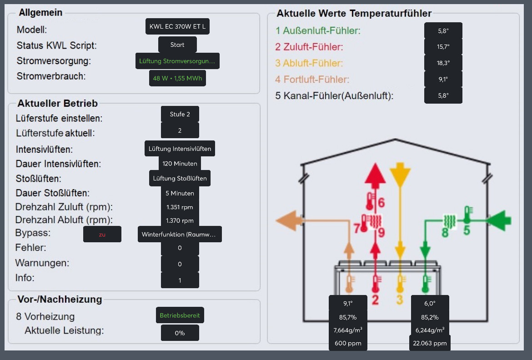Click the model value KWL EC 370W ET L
(177, 27)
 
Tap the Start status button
(177, 45)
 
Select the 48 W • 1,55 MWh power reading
(177, 78)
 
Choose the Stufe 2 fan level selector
(180, 114)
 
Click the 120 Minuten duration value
(180, 164)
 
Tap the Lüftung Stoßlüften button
(180, 178)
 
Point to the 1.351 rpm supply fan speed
(180, 207)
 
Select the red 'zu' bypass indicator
(102, 234)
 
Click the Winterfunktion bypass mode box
(180, 234)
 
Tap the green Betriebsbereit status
(180, 315)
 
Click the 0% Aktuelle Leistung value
(180, 333)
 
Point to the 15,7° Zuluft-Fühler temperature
(443, 47)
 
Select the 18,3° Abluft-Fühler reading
(443, 63)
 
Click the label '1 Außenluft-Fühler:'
(318, 31)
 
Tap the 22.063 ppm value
(430, 343)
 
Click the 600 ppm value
(347, 343)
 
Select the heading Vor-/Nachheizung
(60, 299)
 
